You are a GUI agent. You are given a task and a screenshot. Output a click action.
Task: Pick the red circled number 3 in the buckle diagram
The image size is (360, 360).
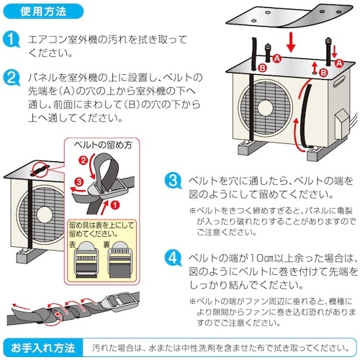[x=79, y=184]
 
